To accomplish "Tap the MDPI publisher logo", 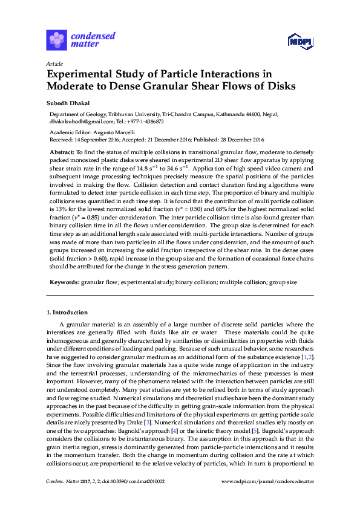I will point(299,41).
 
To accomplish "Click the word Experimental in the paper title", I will point(83,74).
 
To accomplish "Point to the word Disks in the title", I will point(280,86).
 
